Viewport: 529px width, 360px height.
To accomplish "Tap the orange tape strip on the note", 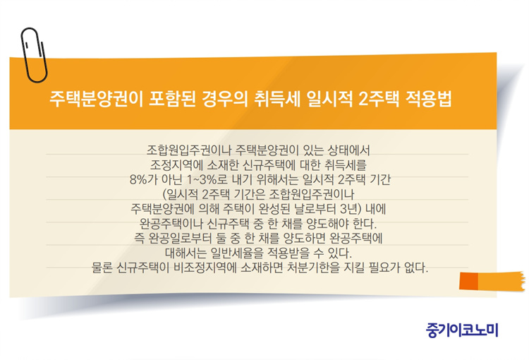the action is coord(492,281).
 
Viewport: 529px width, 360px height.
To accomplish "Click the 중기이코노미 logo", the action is coord(462,330).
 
